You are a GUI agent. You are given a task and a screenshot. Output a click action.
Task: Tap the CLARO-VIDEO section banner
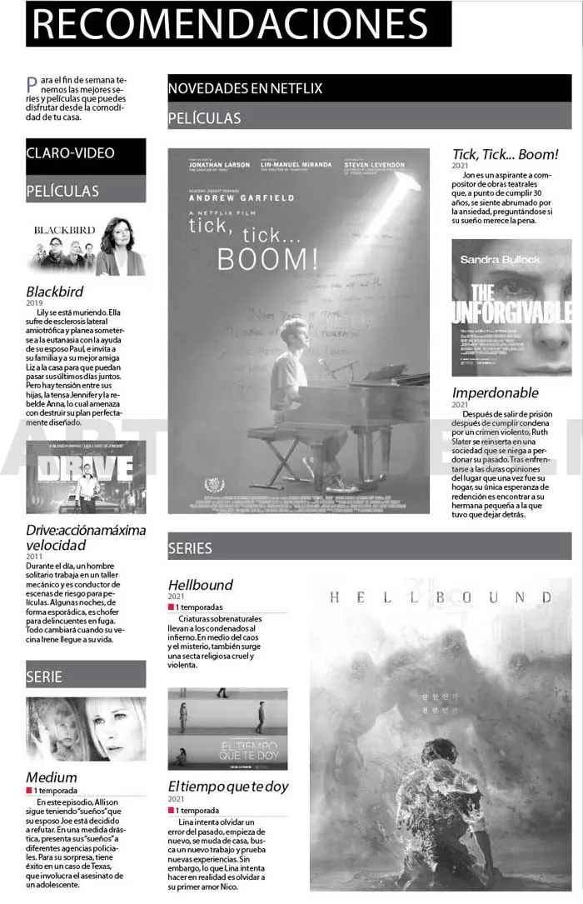86,153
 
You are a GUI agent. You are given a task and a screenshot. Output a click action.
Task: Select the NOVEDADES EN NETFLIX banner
369,88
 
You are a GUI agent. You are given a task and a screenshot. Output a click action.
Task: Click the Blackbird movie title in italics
55,292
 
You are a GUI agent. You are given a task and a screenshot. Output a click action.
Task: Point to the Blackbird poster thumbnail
86,247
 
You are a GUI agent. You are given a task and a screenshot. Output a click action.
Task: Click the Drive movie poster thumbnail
86,477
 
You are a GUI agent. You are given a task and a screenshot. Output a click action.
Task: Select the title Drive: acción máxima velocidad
86,537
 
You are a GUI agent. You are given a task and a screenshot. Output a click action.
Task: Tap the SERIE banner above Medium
86,676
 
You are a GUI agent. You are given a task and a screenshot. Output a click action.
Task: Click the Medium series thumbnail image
86,729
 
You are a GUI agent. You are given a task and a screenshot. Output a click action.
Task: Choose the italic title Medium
52,777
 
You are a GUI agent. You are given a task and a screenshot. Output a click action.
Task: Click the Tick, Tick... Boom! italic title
505,154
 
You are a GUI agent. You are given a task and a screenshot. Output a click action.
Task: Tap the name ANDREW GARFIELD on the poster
242,198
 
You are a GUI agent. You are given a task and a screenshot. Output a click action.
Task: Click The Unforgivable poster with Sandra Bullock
511,307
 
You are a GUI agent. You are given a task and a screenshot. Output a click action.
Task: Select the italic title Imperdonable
495,392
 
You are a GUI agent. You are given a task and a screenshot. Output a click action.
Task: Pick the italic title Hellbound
200,585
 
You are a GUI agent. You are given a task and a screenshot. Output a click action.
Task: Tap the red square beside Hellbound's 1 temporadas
171,607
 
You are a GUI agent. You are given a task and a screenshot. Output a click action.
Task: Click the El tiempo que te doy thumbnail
227,728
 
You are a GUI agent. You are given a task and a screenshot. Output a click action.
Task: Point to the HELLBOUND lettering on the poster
441,597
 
